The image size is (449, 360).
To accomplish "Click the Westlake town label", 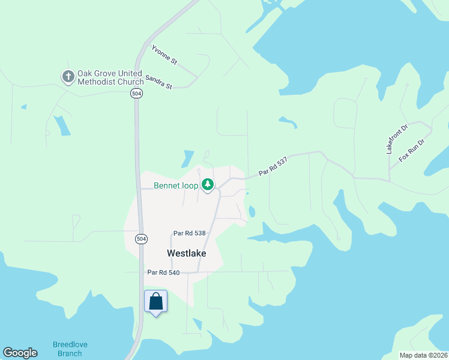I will tap(186, 253).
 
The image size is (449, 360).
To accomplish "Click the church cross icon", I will tap(68, 77).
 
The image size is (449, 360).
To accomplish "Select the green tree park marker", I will tap(208, 184).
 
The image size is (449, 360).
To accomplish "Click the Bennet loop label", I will tap(176, 185).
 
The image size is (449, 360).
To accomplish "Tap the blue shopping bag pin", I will tap(155, 302).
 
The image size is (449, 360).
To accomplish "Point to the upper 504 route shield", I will tap(136, 94).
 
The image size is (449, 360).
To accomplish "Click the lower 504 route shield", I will tap(140, 239).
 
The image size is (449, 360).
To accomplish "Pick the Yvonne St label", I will tap(164, 54).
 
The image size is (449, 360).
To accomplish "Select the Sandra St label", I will tap(159, 82).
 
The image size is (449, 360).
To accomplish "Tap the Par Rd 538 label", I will tap(189, 233).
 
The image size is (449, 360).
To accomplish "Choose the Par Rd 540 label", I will tap(163, 272).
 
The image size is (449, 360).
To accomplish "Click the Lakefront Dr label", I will tap(397, 140).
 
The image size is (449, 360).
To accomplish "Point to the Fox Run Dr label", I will tap(412, 150).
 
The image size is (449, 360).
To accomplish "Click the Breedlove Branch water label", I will tap(67, 349).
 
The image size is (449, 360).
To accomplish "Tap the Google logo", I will tap(20, 353).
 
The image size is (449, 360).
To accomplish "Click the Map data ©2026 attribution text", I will tap(423, 355).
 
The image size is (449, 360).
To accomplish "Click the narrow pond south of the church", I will tap(61, 125).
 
